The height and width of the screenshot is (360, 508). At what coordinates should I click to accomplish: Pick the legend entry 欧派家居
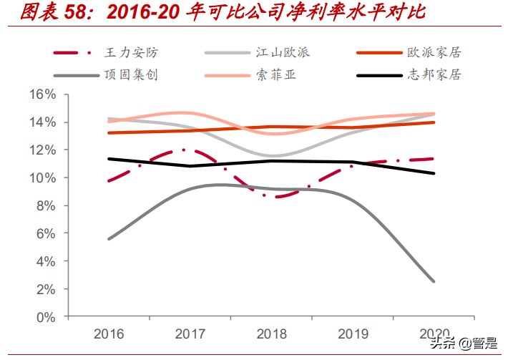(434, 52)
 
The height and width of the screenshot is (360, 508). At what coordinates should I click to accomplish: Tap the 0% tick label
(46, 316)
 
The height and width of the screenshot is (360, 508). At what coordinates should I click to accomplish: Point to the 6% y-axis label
(46, 233)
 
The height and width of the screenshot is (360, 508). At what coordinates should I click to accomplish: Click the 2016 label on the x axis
(108, 334)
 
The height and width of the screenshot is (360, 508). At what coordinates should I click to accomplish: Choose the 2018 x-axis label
(271, 334)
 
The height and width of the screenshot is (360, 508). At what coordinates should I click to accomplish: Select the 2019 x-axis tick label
(352, 334)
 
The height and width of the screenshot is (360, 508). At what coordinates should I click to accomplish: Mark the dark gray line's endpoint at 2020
(434, 281)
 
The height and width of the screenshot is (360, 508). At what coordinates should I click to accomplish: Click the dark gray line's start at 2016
(109, 239)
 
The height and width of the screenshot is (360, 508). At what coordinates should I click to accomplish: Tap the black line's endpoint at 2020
(434, 173)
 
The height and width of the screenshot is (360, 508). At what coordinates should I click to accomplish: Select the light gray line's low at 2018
(272, 155)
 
